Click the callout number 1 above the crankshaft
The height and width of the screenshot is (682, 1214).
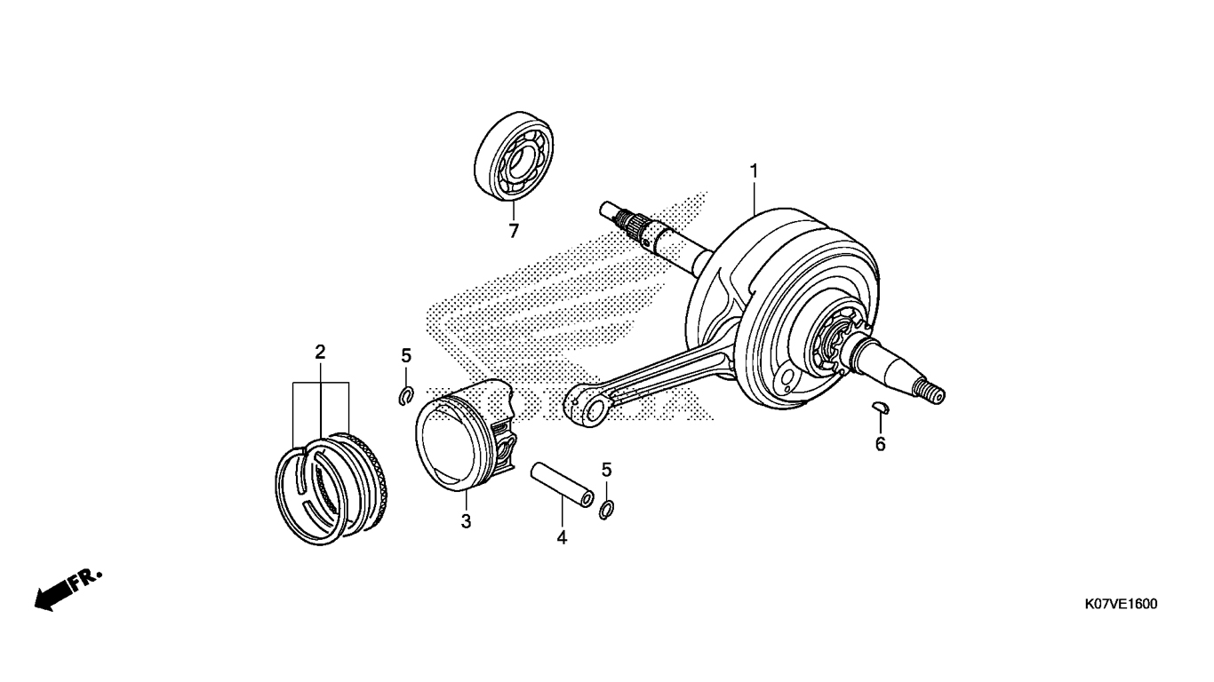(754, 171)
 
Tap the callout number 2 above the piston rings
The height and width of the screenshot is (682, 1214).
(320, 353)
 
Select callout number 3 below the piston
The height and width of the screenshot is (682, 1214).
(466, 521)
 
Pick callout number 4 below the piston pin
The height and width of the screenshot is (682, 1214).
(562, 537)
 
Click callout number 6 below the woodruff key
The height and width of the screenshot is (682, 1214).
(880, 444)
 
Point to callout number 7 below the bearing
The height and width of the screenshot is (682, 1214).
(514, 231)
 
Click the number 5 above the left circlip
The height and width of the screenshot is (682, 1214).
(406, 356)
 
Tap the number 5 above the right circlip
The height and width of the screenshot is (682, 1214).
(606, 469)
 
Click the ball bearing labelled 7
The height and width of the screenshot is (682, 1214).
(514, 156)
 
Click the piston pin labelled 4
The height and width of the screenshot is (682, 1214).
(562, 484)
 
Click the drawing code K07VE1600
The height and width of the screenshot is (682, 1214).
(1121, 605)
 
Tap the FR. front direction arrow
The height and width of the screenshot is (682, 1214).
(68, 591)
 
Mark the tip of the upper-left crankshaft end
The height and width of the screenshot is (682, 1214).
(603, 208)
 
